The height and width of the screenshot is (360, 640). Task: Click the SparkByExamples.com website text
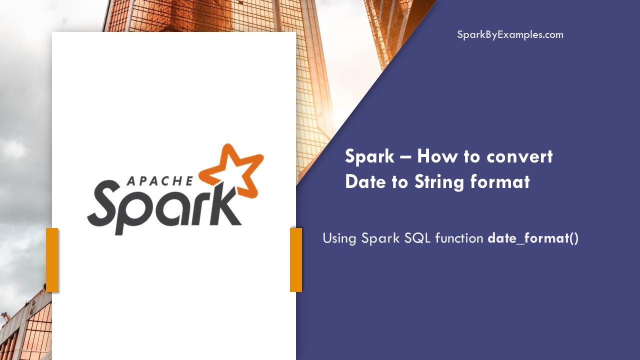[x=510, y=35]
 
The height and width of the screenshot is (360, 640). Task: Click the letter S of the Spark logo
[x=106, y=205]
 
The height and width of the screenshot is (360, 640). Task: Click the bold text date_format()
[x=533, y=238]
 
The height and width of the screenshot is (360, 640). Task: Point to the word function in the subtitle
[x=459, y=238]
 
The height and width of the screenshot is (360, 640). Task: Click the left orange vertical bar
[x=52, y=259]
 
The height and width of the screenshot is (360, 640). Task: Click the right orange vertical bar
[x=296, y=259]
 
